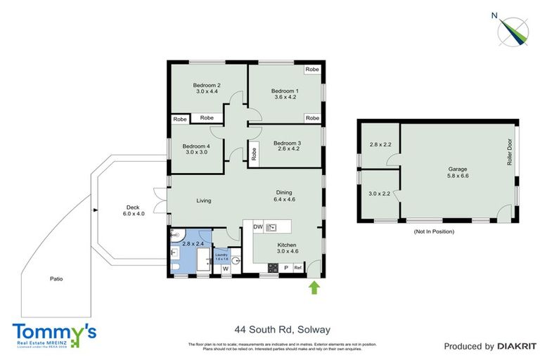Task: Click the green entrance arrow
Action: [314, 286]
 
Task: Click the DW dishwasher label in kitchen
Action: [258, 227]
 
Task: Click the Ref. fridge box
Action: [298, 268]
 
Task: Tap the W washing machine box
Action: [226, 268]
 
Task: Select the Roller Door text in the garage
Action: [507, 152]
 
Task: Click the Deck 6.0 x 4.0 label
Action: [134, 210]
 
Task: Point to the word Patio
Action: [56, 279]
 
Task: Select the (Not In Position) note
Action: [435, 231]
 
